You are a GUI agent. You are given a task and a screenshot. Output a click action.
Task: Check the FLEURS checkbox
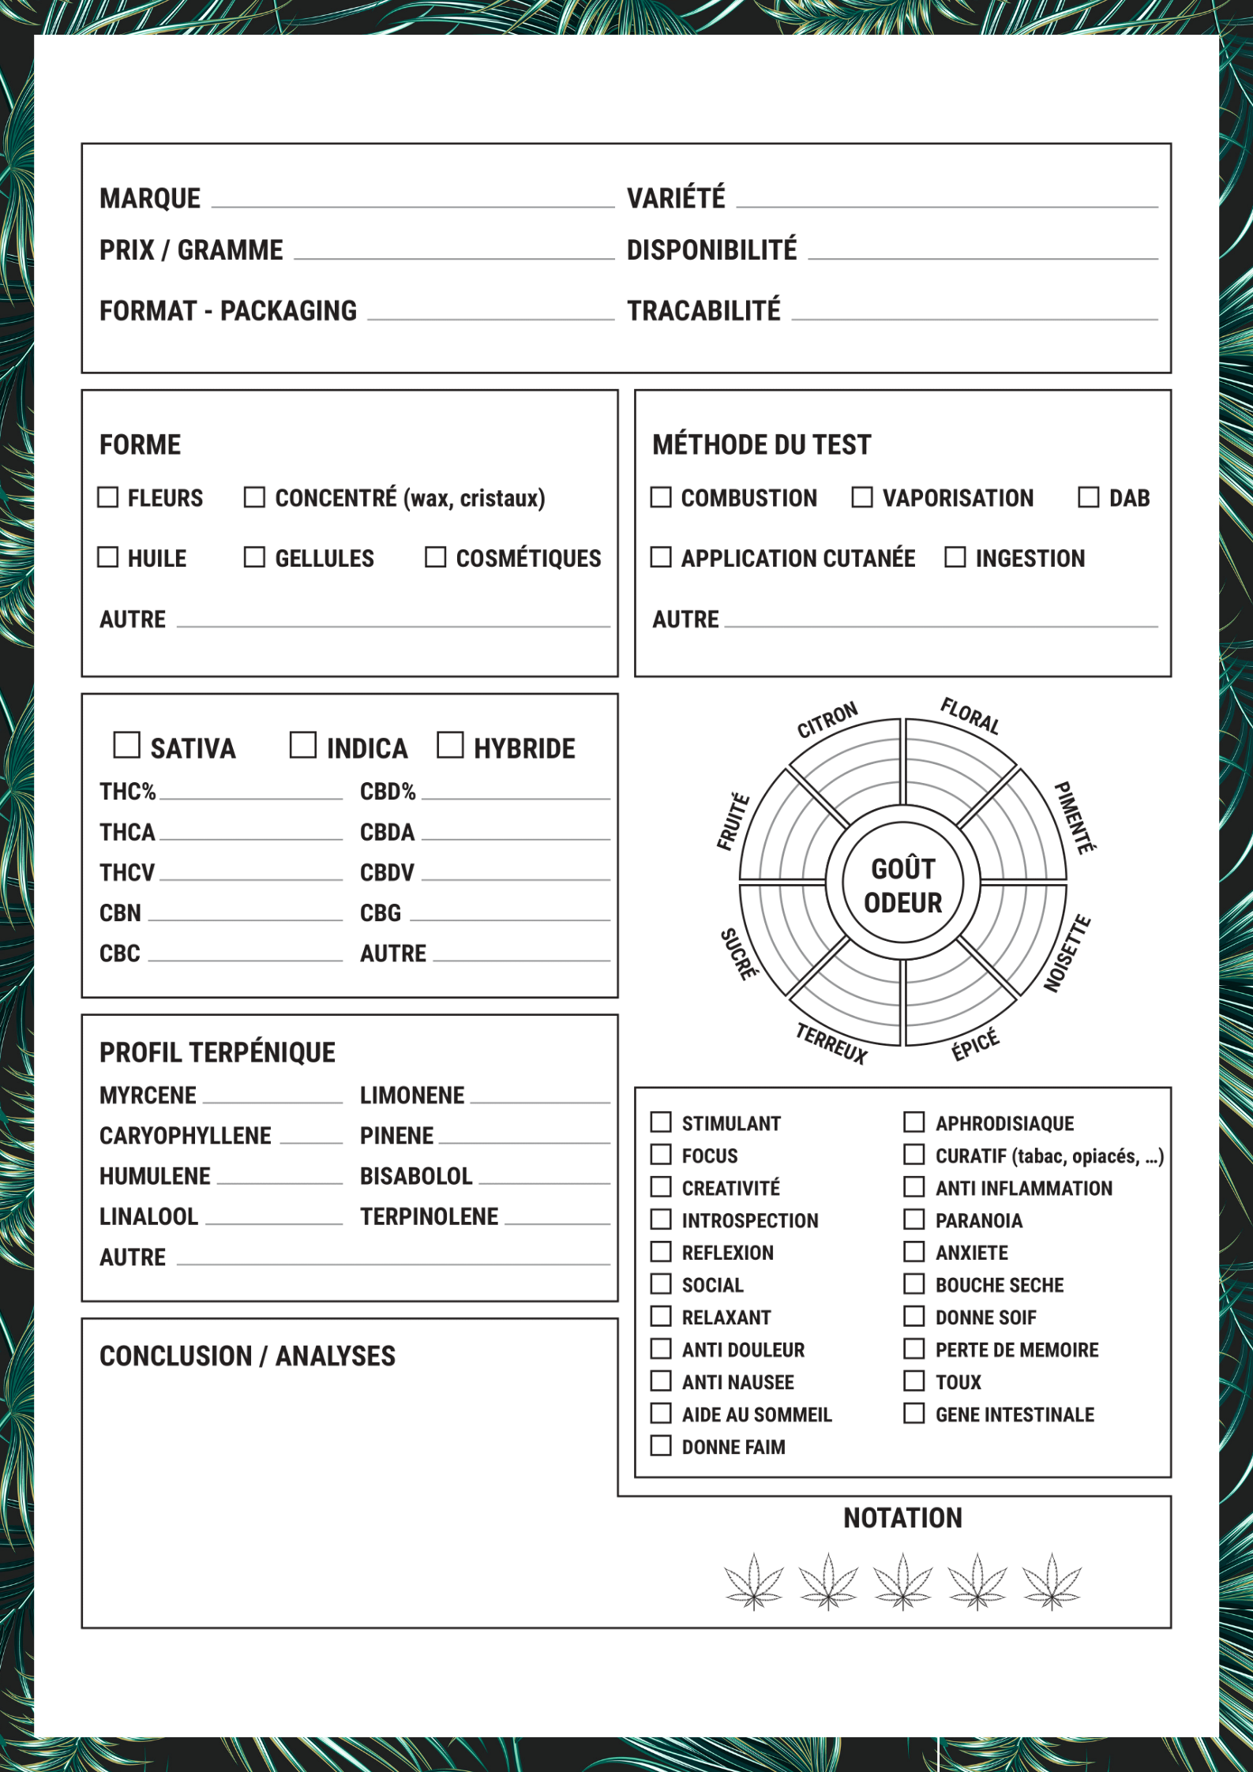tap(107, 497)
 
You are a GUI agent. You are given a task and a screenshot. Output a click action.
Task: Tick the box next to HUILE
tap(107, 557)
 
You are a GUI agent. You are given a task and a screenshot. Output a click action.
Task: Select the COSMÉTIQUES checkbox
tap(435, 557)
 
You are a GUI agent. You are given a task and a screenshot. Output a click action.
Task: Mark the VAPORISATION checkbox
tap(862, 497)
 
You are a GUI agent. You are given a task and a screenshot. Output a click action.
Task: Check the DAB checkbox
tap(1089, 497)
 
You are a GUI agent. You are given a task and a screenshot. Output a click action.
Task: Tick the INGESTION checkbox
tap(955, 557)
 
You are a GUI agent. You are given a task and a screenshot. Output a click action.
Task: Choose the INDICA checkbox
tap(302, 745)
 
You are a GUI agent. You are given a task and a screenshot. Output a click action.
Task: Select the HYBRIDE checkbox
tap(450, 745)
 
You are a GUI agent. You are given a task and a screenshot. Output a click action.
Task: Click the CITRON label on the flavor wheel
tap(827, 720)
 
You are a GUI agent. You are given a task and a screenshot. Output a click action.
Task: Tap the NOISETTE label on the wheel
tap(1067, 953)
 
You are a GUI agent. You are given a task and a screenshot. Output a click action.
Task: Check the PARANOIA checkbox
tap(913, 1219)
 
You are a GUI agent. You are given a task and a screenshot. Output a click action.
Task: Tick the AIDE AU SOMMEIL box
tap(661, 1414)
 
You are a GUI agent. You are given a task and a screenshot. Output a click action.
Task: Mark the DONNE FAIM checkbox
tap(661, 1446)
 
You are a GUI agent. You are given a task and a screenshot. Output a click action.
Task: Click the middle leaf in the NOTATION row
tap(903, 1582)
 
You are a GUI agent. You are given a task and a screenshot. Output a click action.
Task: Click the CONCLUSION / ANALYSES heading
tap(247, 1356)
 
